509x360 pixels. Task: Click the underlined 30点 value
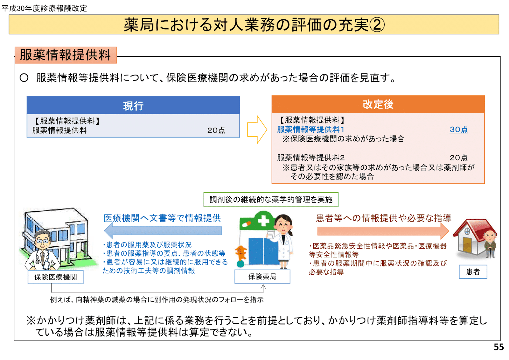(458, 130)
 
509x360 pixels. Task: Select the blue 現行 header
(133, 105)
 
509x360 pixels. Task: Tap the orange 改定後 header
(378, 104)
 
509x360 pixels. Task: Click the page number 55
(499, 347)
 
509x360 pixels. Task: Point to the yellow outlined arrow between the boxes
(257, 130)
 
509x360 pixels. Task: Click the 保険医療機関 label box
(55, 277)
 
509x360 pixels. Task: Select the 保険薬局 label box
(262, 276)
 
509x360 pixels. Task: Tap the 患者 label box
(473, 272)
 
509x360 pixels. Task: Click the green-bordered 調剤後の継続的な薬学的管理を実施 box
(271, 200)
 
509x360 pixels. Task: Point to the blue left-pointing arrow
(163, 230)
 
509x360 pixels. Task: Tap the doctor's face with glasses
(43, 241)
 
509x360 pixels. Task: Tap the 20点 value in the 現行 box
(216, 130)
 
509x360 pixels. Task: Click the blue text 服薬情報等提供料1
(310, 130)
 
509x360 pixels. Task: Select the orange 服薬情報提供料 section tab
(66, 55)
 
